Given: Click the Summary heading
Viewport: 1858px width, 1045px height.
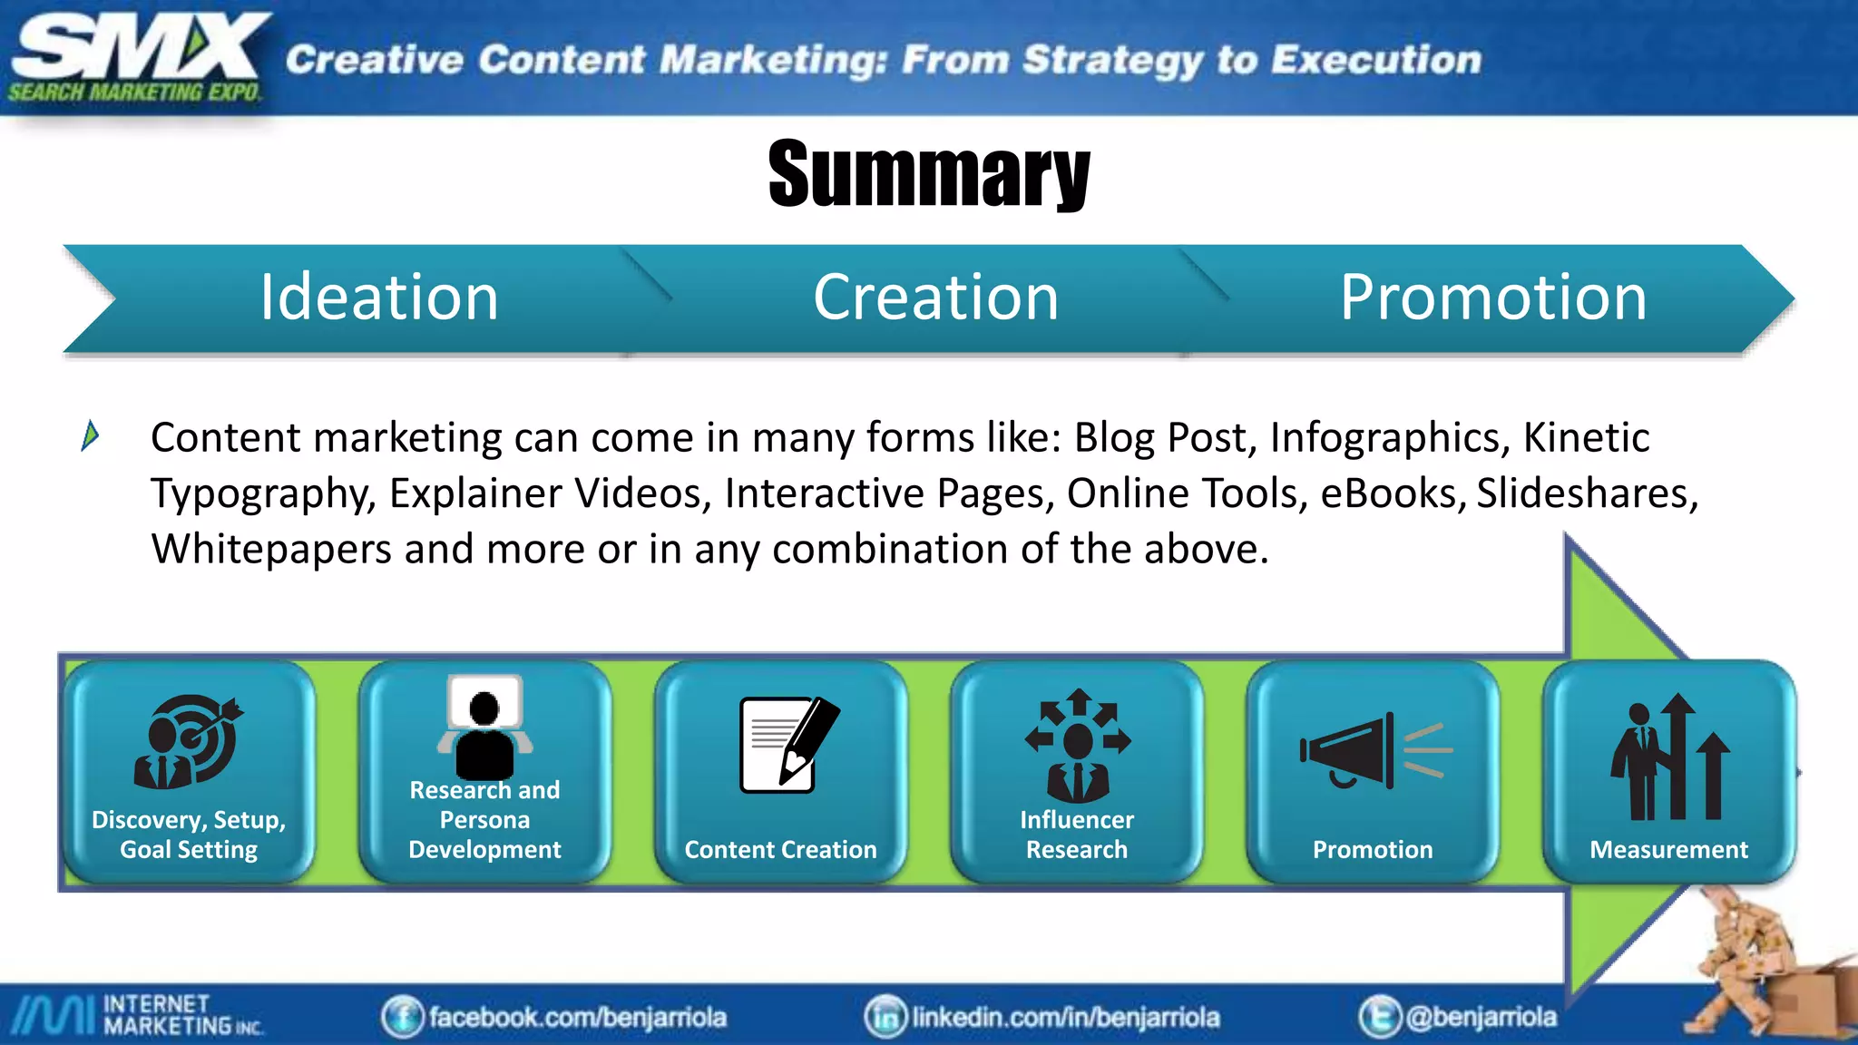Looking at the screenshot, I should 928,173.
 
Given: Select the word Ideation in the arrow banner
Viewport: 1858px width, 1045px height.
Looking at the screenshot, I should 379,298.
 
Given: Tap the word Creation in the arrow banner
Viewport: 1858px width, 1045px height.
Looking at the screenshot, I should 935,298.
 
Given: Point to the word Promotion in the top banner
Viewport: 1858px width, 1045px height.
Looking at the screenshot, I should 1493,298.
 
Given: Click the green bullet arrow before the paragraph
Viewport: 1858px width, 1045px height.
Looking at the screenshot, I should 90,435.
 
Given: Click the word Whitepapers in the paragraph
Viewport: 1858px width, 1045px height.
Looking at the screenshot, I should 270,550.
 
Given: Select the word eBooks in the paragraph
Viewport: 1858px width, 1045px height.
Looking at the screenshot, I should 1393,494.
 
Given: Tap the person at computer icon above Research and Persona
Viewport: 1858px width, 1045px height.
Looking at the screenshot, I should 484,727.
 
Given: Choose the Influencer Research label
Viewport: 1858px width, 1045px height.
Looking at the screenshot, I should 1076,835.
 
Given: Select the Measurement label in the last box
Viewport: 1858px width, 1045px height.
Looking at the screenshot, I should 1668,850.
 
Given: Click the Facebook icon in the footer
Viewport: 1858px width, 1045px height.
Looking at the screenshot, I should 402,1017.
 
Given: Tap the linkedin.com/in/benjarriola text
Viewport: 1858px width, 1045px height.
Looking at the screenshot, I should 1065,1018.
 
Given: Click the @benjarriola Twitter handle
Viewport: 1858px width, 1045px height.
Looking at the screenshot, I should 1481,1017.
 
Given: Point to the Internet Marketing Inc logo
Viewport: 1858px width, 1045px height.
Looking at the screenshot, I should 136,1015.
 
